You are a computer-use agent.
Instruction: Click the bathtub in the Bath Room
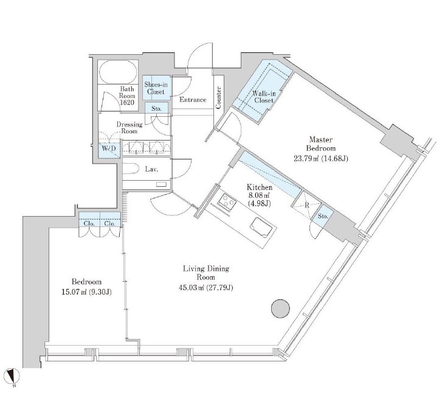[x=119, y=72]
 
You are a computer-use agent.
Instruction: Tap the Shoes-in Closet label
[x=156, y=88]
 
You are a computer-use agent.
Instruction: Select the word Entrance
[x=193, y=100]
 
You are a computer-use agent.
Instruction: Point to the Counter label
[x=218, y=97]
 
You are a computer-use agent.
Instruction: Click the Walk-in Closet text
[x=264, y=97]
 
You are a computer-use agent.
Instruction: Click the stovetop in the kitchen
[x=227, y=201]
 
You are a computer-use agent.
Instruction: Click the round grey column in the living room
[x=280, y=309]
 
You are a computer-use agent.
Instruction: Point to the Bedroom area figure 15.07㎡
[x=74, y=292]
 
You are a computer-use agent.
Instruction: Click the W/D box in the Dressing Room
[x=109, y=149]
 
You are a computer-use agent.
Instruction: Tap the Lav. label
[x=151, y=169]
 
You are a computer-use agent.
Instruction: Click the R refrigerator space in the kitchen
[x=307, y=205]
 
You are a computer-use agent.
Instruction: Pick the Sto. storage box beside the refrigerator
[x=322, y=217]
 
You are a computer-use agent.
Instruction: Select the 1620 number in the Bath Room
[x=127, y=103]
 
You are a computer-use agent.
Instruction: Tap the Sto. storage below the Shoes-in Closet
[x=157, y=109]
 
